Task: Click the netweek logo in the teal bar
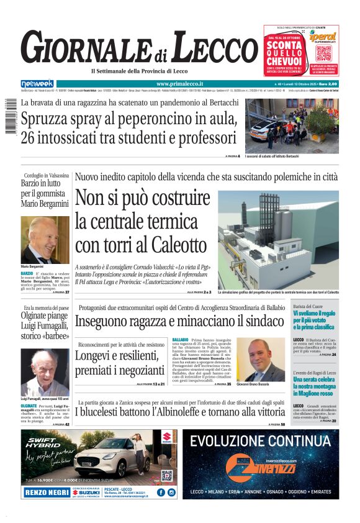click(37, 83)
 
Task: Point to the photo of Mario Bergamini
click(45, 239)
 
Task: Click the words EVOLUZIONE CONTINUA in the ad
click(261, 441)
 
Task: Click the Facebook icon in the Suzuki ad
click(161, 493)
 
